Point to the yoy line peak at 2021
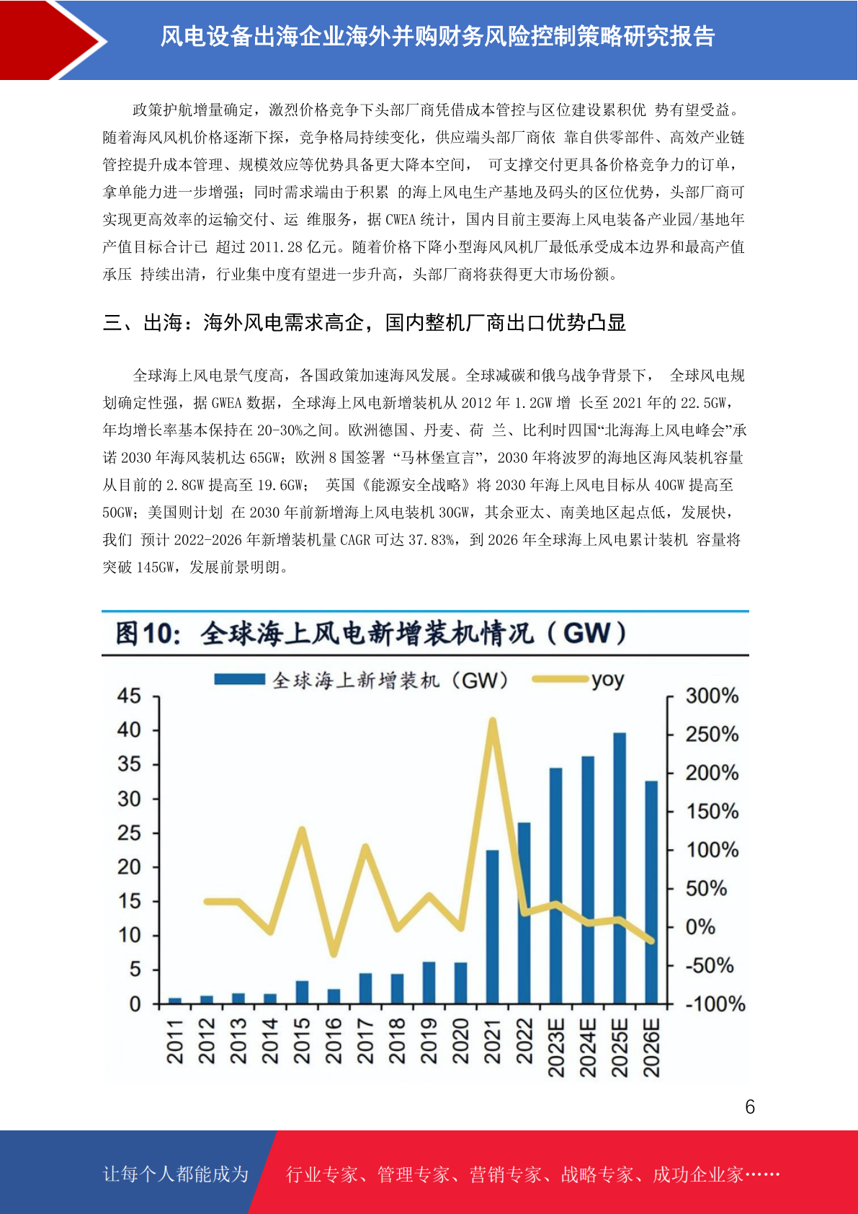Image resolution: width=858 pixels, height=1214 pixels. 493,721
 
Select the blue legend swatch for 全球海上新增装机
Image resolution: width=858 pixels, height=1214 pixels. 240,680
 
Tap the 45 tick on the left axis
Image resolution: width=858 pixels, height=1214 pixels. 129,696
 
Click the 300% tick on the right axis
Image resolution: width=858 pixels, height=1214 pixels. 712,696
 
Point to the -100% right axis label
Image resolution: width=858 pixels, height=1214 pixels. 715,1003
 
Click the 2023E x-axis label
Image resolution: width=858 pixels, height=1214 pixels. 556,1047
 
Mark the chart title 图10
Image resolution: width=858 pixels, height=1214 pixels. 148,634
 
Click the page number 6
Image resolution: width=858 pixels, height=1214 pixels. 750,1107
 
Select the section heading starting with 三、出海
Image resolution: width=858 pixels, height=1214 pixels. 364,322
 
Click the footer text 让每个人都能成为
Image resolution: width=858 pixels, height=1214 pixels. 176,1174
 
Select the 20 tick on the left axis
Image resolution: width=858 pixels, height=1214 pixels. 129,867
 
